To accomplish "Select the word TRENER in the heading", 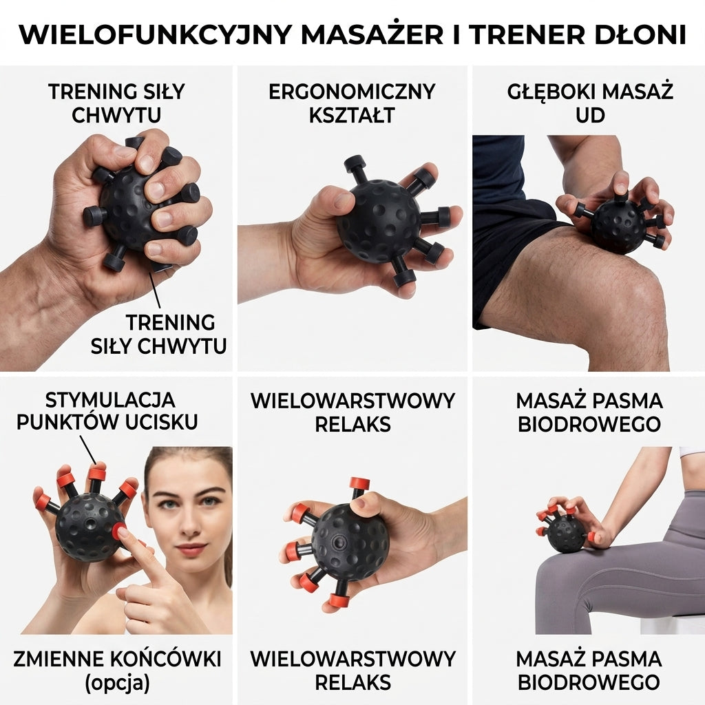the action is [527, 34].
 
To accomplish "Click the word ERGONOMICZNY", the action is [352, 92].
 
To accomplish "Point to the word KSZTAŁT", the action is [352, 115].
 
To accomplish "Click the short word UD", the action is [590, 115].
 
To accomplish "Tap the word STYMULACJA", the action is [110, 400].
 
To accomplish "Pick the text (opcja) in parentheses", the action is [117, 683].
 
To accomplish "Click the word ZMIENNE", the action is [61, 659].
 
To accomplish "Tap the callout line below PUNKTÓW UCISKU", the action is [88, 449].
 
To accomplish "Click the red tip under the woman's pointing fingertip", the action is [120, 532].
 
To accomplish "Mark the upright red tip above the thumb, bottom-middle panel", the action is [359, 483].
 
